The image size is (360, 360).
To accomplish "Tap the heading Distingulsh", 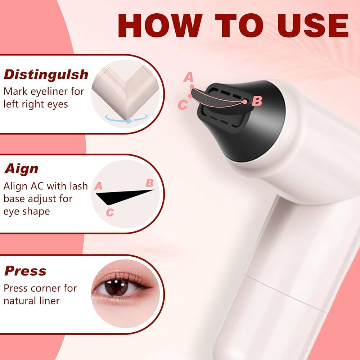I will tap(46, 75).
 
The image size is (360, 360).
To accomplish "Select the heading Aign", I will tap(21, 169).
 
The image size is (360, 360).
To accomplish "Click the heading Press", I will tap(25, 271).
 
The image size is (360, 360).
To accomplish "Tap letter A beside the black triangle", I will tap(98, 186).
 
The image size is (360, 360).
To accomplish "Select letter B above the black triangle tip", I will tap(149, 183).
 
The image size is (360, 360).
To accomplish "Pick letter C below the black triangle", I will tap(110, 213).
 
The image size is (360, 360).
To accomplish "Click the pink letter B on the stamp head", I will tap(257, 102).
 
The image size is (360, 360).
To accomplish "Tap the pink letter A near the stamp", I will tap(188, 77).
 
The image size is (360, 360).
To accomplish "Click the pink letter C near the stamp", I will tap(183, 105).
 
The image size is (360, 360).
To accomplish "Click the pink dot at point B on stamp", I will tap(245, 102).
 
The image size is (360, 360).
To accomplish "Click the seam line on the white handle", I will tap(281, 288).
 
